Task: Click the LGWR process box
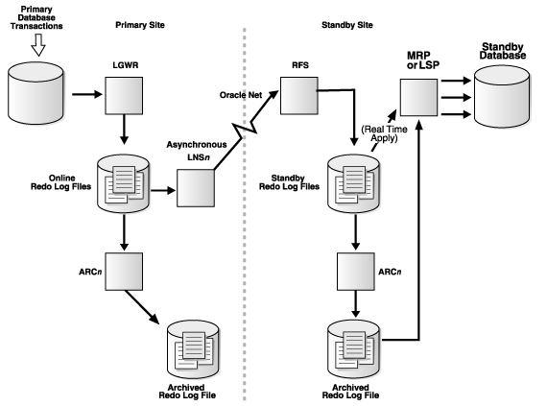coord(124,96)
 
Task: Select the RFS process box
coord(299,96)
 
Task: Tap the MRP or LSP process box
coord(418,97)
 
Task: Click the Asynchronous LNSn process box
coord(196,188)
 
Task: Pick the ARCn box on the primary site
coord(124,272)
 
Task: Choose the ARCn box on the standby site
coord(356,272)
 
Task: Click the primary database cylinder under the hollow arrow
coord(36,93)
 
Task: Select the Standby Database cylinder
coord(502,97)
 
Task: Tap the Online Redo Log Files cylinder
coord(124,183)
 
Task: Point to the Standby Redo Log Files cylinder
coord(354,183)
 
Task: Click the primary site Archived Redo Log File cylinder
coord(193,349)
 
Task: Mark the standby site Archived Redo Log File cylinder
coord(354,349)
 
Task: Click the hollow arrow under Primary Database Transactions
coord(38,45)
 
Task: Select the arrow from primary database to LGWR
coord(87,94)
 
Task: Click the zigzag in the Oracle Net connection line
coord(246,130)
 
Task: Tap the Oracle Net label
coord(241,95)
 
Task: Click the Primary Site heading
coord(140,25)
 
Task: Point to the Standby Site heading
coord(347,25)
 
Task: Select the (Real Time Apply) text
coord(384,133)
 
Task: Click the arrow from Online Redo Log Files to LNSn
coord(163,190)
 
